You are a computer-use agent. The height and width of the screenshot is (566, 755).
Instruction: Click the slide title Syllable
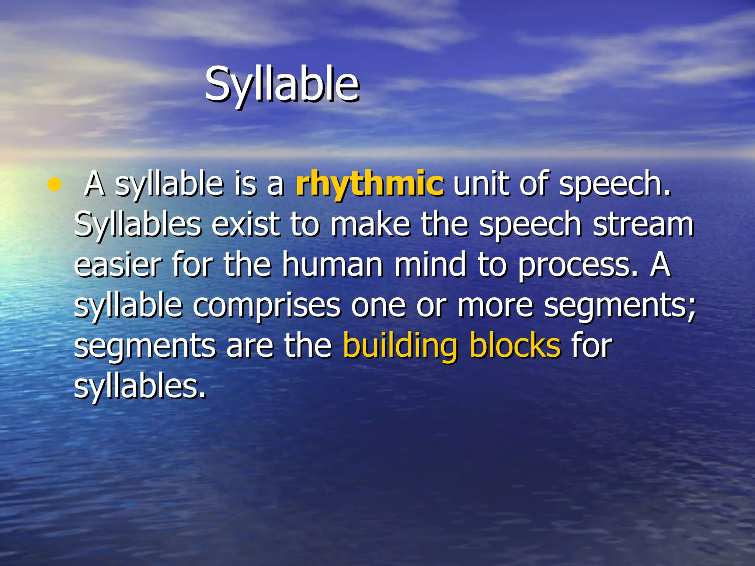click(x=282, y=85)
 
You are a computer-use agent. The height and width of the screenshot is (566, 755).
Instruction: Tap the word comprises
click(x=267, y=306)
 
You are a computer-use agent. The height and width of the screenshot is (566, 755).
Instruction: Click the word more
click(x=495, y=306)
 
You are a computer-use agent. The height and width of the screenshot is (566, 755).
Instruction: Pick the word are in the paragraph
click(x=250, y=346)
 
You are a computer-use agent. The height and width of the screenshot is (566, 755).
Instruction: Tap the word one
click(x=378, y=306)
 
